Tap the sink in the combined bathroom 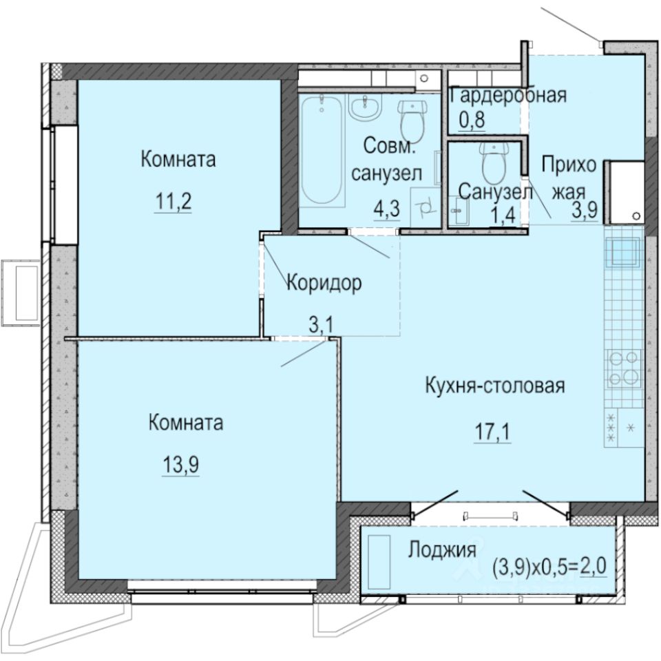pyautogui.click(x=364, y=109)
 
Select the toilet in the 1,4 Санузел pyautogui.click(x=494, y=164)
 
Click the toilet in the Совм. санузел pyautogui.click(x=412, y=121)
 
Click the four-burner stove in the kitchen pyautogui.click(x=624, y=370)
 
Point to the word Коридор pyautogui.click(x=324, y=283)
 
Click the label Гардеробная pyautogui.click(x=507, y=96)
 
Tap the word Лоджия pyautogui.click(x=443, y=550)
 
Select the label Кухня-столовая pyautogui.click(x=494, y=386)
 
